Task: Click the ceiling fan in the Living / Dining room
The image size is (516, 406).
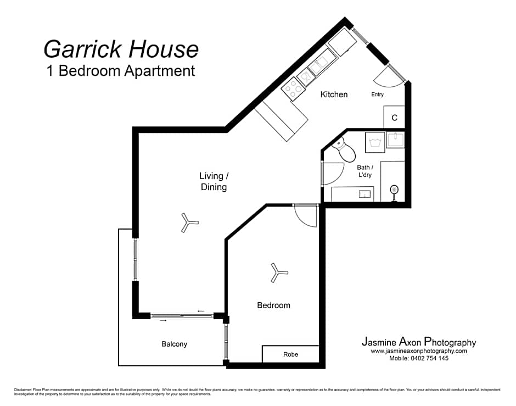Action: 189,223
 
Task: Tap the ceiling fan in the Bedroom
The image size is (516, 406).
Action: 279,272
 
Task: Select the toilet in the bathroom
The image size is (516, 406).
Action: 344,150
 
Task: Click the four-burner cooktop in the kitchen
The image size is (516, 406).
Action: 294,88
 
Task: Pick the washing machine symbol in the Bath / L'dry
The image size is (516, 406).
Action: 377,143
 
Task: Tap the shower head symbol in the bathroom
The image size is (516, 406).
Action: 394,191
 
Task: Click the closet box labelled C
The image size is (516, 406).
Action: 394,118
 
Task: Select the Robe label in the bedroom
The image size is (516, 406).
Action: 290,354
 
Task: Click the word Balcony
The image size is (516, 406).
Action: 174,344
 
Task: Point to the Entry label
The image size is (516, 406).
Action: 377,94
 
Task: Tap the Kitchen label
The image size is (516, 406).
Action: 334,94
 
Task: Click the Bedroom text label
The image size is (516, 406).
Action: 273,305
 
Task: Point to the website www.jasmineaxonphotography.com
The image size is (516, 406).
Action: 418,351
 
